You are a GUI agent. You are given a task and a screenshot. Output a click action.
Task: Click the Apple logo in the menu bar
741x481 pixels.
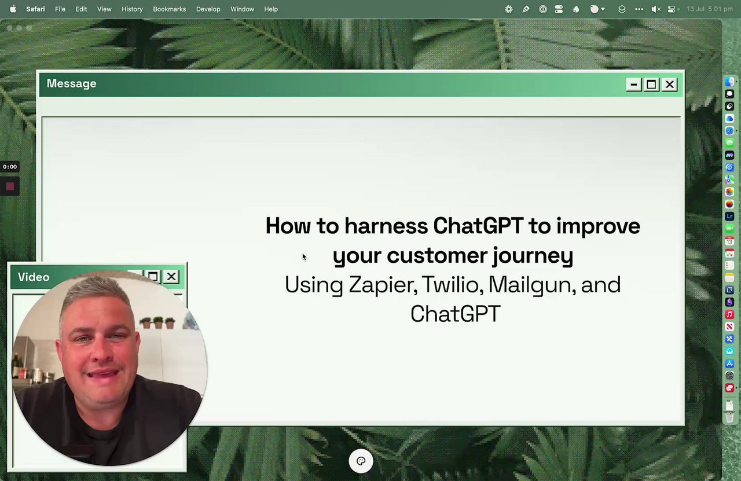13,9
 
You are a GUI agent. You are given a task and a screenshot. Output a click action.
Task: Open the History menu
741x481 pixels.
132,9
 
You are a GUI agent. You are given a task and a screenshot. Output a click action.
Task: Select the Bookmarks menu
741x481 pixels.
170,9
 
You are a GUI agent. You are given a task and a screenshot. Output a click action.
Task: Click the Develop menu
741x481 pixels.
208,9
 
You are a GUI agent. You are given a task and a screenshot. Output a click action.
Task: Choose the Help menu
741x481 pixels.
271,9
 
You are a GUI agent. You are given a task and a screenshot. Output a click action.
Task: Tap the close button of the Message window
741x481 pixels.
669,85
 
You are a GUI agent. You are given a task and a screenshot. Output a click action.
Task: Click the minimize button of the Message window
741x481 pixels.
633,85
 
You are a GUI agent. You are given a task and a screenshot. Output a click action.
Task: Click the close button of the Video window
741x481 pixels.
171,276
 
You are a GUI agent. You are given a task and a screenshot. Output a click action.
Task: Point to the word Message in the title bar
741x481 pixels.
71,84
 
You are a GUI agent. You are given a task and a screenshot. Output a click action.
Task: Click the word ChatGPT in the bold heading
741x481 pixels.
478,226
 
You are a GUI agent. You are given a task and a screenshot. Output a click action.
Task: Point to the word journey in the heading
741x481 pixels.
533,256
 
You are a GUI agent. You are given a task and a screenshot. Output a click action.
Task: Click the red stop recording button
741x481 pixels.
10,186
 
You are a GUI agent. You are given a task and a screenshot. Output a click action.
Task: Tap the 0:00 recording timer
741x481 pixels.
10,167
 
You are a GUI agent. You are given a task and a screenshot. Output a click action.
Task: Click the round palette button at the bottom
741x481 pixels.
361,461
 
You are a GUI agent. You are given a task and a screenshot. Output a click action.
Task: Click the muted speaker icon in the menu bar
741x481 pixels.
656,9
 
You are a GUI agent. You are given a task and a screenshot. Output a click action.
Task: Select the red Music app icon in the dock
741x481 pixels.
729,314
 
